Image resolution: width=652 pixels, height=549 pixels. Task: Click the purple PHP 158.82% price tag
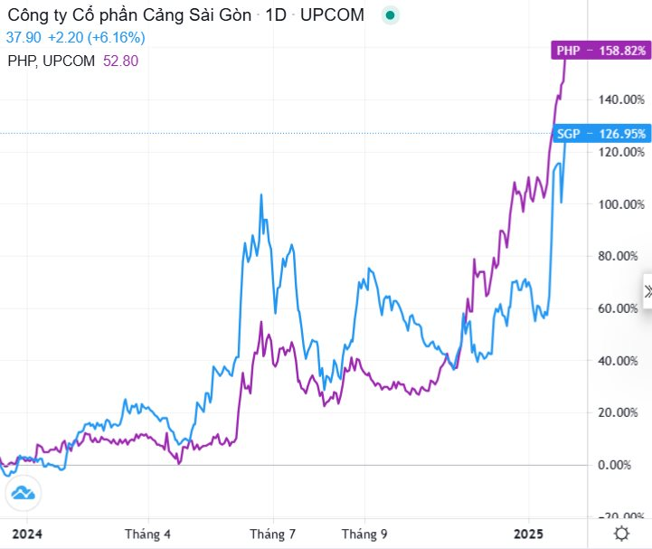600,51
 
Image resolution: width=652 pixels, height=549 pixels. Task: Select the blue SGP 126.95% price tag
601,134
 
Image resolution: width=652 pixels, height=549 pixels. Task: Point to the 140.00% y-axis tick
621,99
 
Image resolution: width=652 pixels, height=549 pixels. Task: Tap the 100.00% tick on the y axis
621,204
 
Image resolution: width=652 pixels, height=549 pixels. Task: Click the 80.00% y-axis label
618,256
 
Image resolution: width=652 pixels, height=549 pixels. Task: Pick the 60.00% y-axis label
618,308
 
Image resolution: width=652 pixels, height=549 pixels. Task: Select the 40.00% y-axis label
618,361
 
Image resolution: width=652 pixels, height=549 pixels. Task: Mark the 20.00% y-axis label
618,413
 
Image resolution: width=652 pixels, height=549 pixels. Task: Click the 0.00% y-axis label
614,465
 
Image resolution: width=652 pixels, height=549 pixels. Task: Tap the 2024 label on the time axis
27,534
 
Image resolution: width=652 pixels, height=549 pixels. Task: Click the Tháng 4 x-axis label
147,534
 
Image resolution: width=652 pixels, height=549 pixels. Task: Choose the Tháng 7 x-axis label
272,534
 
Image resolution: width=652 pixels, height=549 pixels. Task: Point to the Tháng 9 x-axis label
364,534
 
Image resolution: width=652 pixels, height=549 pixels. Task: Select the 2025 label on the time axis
528,534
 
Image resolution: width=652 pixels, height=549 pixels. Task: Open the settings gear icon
621,534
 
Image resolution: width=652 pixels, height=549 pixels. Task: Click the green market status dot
390,15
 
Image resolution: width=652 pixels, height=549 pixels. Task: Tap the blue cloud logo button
24,493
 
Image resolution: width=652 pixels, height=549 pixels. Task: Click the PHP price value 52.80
120,62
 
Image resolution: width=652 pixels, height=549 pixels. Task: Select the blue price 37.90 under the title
24,37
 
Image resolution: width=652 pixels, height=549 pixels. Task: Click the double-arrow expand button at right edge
647,291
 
